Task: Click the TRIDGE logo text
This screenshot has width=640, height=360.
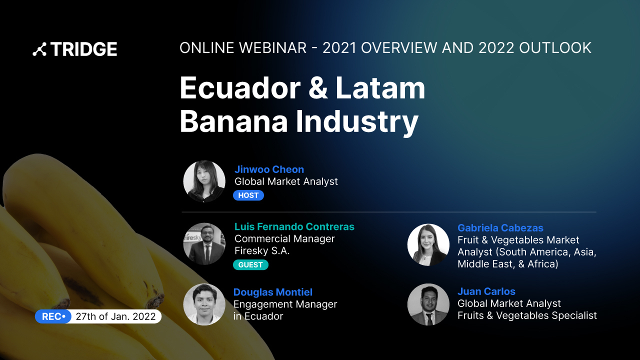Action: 83,49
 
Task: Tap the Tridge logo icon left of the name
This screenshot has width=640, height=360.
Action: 39,49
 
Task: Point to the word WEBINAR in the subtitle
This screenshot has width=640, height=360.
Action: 272,48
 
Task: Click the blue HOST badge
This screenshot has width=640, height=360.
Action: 248,195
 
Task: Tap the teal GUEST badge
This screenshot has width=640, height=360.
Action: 250,265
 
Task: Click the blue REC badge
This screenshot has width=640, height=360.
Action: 53,316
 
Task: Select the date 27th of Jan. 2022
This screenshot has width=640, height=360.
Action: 115,316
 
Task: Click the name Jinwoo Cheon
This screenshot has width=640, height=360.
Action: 269,169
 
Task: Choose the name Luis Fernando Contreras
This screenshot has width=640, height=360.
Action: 294,226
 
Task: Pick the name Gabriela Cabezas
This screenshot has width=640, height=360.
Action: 500,228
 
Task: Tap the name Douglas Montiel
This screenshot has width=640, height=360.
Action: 272,292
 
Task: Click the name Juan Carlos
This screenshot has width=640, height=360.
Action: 486,291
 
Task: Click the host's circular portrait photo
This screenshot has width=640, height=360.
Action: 204,181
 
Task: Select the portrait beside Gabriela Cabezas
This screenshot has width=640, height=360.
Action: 428,244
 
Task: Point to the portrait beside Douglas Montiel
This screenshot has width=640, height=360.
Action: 204,304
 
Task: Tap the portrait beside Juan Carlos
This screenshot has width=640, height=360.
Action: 428,304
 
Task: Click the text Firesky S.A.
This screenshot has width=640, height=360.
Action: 261,251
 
